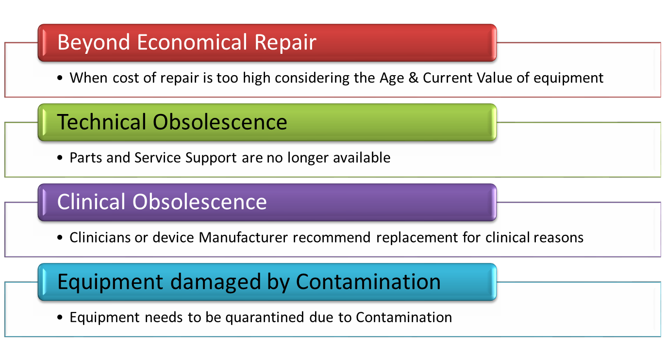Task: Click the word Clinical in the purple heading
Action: click(x=91, y=201)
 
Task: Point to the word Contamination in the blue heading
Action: click(x=368, y=281)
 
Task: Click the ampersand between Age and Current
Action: click(x=413, y=78)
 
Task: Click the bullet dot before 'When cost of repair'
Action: click(x=60, y=78)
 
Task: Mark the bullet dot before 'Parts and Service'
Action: click(x=60, y=158)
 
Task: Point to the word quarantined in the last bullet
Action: click(x=265, y=318)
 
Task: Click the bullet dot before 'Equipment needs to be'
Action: click(x=60, y=317)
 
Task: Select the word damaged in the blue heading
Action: click(x=216, y=282)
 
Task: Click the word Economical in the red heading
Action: click(x=192, y=42)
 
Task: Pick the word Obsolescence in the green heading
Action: click(x=220, y=122)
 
